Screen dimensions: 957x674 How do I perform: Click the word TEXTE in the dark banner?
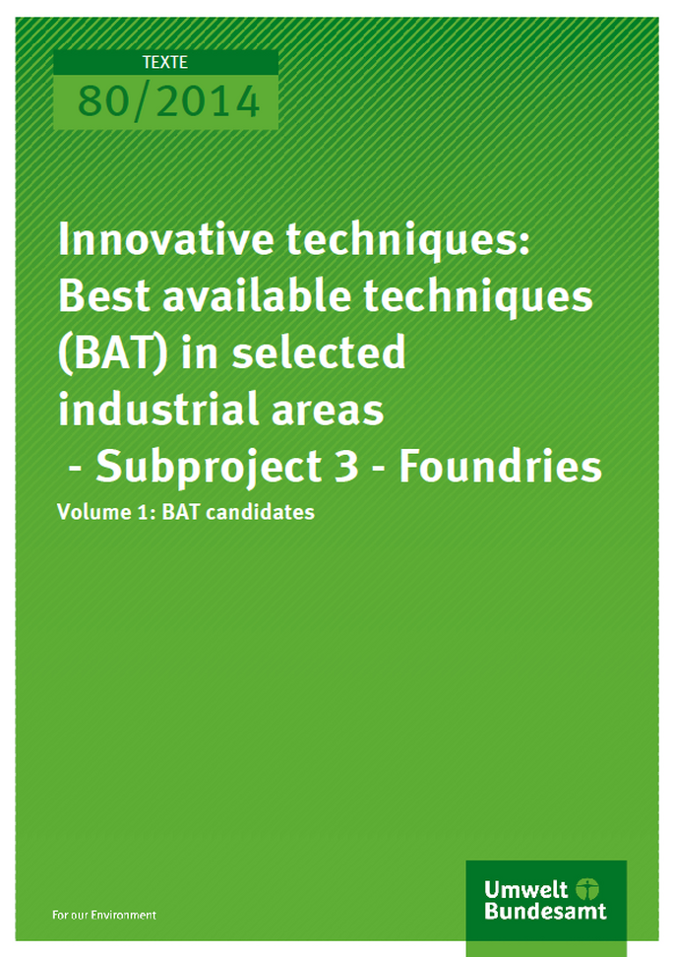click(164, 63)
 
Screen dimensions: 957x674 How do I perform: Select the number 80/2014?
click(168, 101)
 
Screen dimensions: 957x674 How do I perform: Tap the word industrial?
click(158, 408)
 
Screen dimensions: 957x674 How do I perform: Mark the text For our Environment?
click(104, 915)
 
